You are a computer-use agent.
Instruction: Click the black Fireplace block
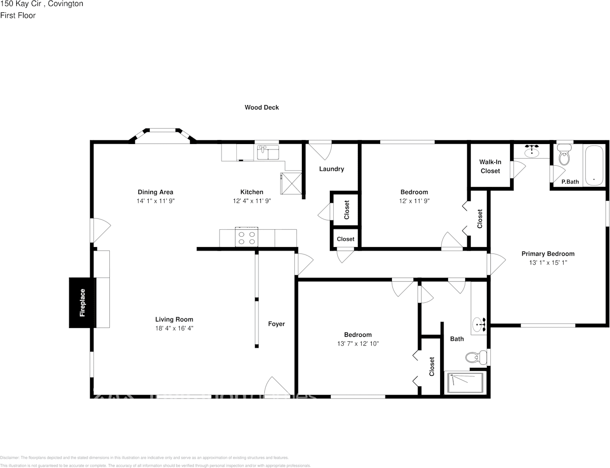pyautogui.click(x=82, y=302)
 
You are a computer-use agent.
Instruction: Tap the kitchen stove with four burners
pyautogui.click(x=247, y=238)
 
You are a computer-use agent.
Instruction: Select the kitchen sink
pyautogui.click(x=268, y=152)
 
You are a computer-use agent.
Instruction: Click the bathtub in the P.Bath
pyautogui.click(x=594, y=165)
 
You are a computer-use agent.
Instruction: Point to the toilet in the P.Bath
pyautogui.click(x=564, y=155)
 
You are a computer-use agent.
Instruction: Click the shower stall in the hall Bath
pyautogui.click(x=465, y=383)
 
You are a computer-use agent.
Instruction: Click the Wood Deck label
pyautogui.click(x=261, y=107)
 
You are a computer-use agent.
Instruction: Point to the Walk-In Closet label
pyautogui.click(x=490, y=166)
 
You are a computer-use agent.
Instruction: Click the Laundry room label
pyautogui.click(x=331, y=169)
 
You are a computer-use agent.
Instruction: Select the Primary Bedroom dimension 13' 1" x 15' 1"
pyautogui.click(x=548, y=263)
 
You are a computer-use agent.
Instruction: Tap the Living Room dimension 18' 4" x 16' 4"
pyautogui.click(x=174, y=328)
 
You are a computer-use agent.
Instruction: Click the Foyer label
pyautogui.click(x=276, y=324)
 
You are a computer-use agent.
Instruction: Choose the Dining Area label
pyautogui.click(x=155, y=192)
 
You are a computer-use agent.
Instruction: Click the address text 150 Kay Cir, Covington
pyautogui.click(x=42, y=4)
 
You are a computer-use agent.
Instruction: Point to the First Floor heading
pyautogui.click(x=18, y=15)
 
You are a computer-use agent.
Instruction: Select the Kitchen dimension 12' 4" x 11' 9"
pyautogui.click(x=252, y=201)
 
